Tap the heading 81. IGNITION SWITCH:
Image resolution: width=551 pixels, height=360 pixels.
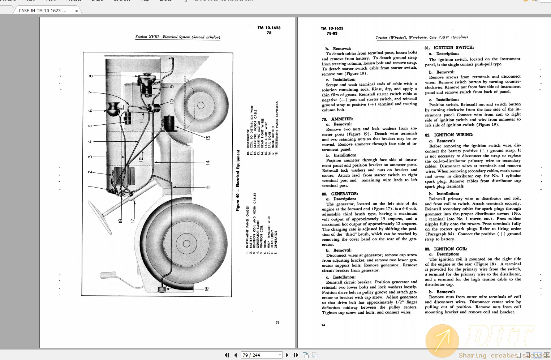point(449,47)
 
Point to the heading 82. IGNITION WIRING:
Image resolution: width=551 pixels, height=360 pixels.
point(449,135)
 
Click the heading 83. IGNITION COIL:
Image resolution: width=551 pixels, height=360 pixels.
point(446,249)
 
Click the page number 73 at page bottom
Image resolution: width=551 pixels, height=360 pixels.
point(277,322)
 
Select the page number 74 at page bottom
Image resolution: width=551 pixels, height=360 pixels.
point(323,325)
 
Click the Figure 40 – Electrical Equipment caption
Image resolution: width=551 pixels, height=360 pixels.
point(238,180)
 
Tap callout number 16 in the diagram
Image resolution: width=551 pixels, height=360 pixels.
point(206,288)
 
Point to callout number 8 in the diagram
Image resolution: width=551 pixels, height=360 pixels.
point(91,76)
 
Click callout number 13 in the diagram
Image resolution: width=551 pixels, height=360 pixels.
point(208,138)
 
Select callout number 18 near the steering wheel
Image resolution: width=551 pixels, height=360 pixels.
point(120,220)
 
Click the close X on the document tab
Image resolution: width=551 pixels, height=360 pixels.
point(77,11)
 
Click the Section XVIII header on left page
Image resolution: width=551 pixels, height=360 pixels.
point(177,37)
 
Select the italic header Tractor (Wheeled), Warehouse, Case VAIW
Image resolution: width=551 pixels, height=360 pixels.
point(421,37)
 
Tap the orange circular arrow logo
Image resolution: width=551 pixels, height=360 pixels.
point(442,341)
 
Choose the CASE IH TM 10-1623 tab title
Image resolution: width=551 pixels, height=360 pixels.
point(43,11)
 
